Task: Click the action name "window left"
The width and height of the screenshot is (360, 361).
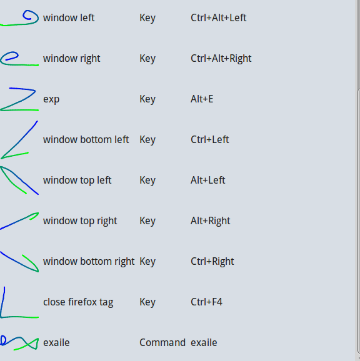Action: [69, 17]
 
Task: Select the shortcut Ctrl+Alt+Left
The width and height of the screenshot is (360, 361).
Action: [218, 17]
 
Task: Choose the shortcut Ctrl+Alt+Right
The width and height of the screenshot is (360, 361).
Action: [221, 59]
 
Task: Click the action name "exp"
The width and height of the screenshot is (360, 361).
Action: [51, 99]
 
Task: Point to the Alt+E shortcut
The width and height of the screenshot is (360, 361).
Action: [202, 99]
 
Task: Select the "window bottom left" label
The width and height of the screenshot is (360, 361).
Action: [86, 139]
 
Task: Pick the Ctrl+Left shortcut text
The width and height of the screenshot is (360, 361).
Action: [209, 139]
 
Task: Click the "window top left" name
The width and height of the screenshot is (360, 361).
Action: [77, 180]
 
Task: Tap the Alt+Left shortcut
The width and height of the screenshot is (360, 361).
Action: [207, 180]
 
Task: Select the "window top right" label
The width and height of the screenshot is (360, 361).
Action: [80, 221]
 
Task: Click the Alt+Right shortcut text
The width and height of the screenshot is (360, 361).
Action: [210, 221]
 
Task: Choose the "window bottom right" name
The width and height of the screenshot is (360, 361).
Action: [89, 262]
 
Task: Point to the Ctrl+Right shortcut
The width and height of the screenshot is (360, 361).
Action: [212, 262]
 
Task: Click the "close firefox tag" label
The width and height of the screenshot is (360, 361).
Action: [78, 302]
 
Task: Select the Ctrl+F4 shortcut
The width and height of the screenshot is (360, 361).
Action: [206, 302]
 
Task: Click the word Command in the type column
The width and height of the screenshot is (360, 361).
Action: [162, 343]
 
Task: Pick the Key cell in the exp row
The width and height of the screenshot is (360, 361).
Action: [147, 99]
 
